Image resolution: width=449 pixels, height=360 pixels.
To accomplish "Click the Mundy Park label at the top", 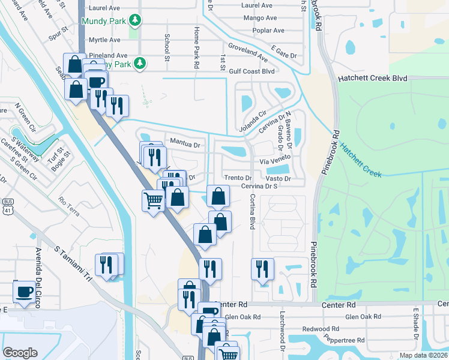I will [104, 20].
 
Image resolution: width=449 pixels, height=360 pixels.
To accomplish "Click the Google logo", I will [20, 352].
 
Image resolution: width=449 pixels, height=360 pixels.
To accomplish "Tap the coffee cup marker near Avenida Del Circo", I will [24, 292].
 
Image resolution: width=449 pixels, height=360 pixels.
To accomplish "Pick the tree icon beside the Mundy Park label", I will [136, 20].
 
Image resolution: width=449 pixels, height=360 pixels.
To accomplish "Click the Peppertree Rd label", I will [343, 339].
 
